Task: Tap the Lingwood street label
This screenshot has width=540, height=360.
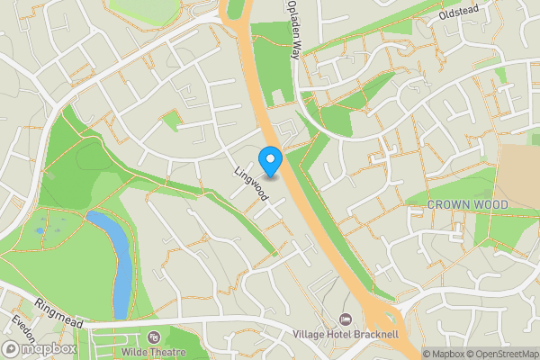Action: pos(251,183)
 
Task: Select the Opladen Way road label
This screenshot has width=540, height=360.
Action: pos(293,31)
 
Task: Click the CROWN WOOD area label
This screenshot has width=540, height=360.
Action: pos(467,205)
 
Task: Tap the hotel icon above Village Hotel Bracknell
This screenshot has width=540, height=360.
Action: pos(346,319)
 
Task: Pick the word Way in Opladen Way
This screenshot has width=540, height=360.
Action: pos(294,49)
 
